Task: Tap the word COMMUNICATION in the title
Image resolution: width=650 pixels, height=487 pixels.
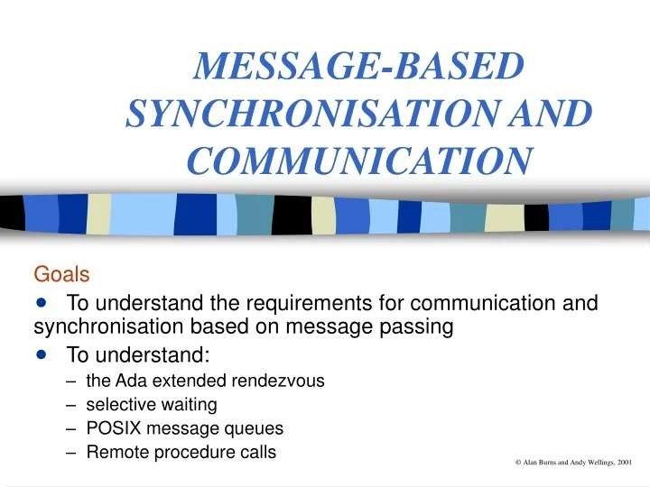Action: [x=358, y=160]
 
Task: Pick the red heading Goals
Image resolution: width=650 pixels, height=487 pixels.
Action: [x=56, y=273]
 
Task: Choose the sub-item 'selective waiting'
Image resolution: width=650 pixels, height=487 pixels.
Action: [x=152, y=405]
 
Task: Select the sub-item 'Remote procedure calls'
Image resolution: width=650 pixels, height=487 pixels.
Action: [x=181, y=453]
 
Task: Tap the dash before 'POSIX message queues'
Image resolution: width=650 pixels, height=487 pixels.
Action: [x=71, y=428]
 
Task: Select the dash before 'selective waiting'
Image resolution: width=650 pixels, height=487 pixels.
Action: [x=71, y=405]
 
